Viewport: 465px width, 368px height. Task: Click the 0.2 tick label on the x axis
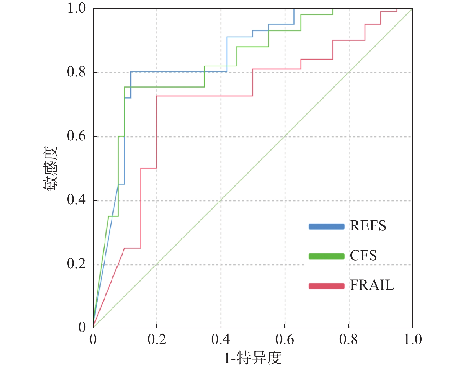(x=157, y=340)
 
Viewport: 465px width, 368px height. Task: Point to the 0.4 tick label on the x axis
(x=221, y=340)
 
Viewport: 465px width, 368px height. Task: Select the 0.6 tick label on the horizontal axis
(x=285, y=340)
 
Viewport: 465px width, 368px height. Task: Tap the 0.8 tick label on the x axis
(x=348, y=340)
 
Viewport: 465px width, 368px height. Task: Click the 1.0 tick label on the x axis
(x=413, y=340)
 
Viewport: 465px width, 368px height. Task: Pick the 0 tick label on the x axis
(x=93, y=340)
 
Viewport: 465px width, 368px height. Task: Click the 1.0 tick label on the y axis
(x=76, y=8)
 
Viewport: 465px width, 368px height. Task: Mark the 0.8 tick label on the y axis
(x=76, y=72)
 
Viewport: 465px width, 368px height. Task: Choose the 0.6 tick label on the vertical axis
(x=76, y=136)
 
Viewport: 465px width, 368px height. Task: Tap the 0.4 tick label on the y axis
(x=76, y=200)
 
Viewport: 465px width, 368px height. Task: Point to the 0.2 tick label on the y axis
(x=76, y=264)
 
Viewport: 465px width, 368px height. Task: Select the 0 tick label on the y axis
(x=82, y=327)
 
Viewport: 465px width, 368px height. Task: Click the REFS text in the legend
(x=368, y=226)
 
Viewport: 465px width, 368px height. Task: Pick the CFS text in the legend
(x=363, y=256)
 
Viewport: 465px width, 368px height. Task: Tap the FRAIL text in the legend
(x=372, y=285)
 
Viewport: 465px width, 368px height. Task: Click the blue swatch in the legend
(x=327, y=227)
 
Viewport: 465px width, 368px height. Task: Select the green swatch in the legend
(x=327, y=256)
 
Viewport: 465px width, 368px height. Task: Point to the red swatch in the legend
(x=327, y=286)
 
